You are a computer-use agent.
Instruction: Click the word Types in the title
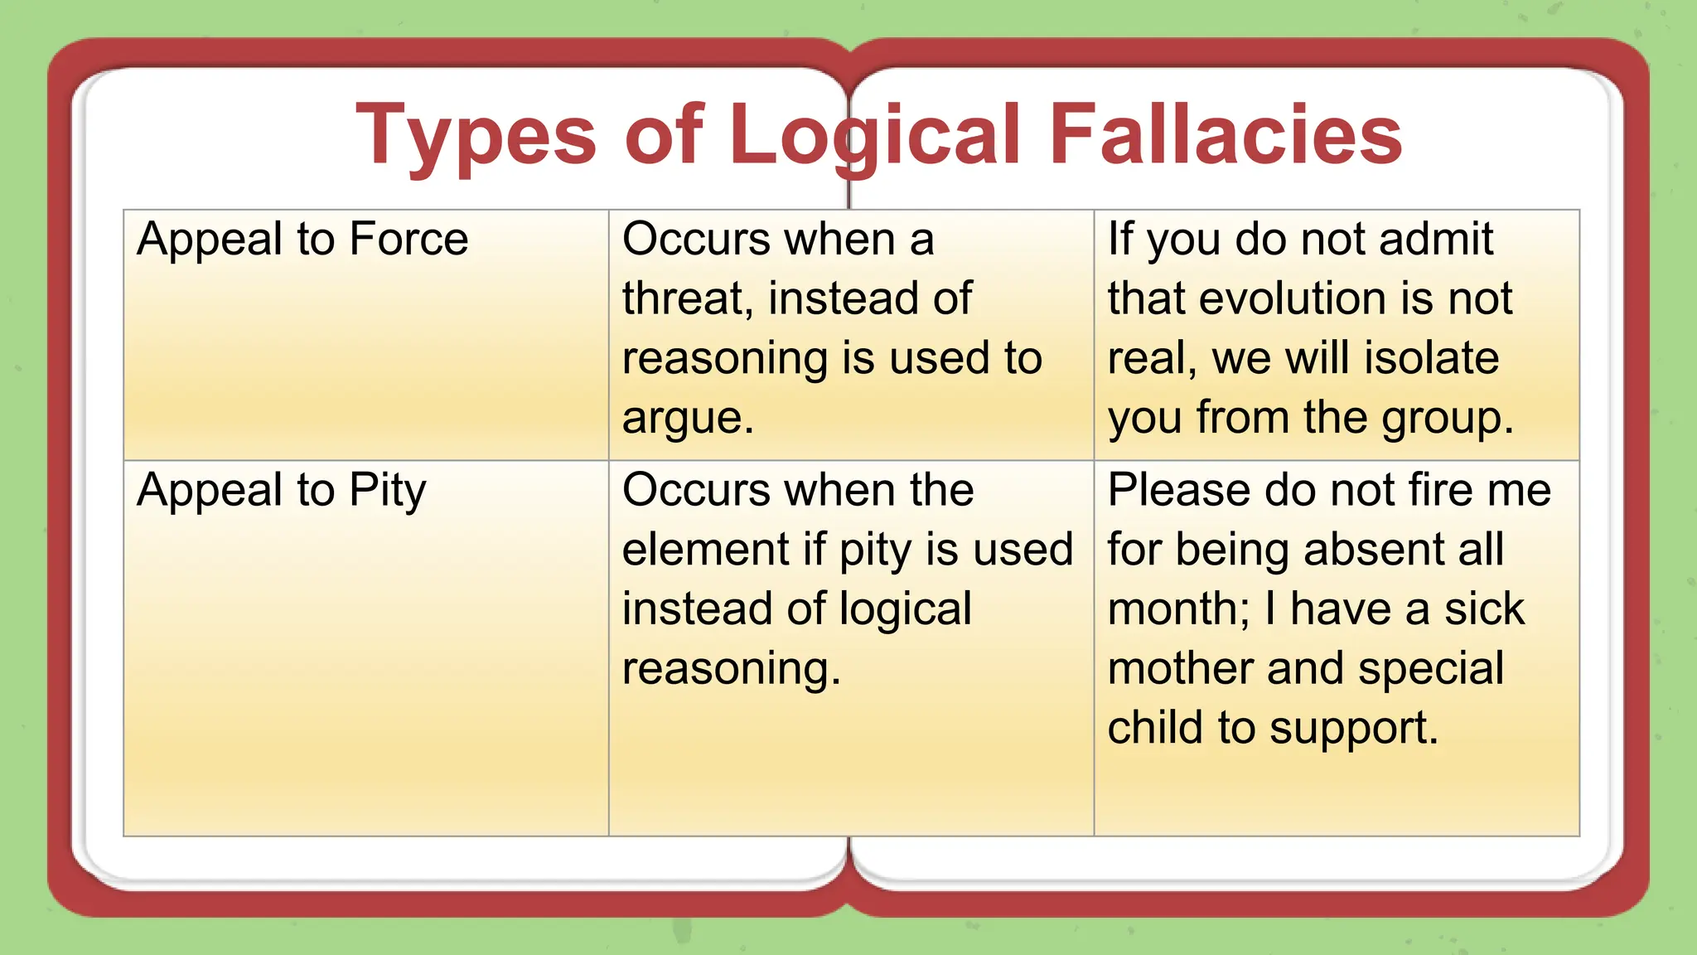point(476,135)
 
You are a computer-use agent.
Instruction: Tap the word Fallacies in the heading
point(1226,135)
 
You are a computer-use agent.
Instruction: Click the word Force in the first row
point(409,240)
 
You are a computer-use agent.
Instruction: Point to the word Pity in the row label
point(387,491)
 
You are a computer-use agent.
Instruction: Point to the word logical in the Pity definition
point(905,610)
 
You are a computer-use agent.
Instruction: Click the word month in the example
point(1177,610)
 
